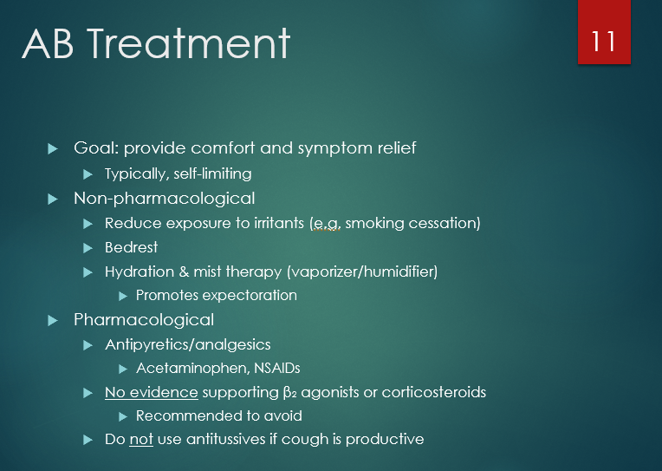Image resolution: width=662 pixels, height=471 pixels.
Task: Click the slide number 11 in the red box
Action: click(604, 40)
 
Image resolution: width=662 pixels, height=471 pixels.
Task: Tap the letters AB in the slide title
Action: click(49, 43)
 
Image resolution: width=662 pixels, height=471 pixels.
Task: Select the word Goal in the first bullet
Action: click(93, 148)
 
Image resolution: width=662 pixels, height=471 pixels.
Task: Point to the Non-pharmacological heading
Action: click(164, 199)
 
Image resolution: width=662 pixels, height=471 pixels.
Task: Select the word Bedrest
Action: click(131, 247)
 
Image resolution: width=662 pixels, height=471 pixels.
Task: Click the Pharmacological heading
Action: click(143, 320)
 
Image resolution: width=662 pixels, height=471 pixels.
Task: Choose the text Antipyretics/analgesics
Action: click(187, 344)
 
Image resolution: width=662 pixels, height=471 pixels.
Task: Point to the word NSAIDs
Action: click(276, 368)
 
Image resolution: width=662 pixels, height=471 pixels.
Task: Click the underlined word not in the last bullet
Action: click(141, 439)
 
